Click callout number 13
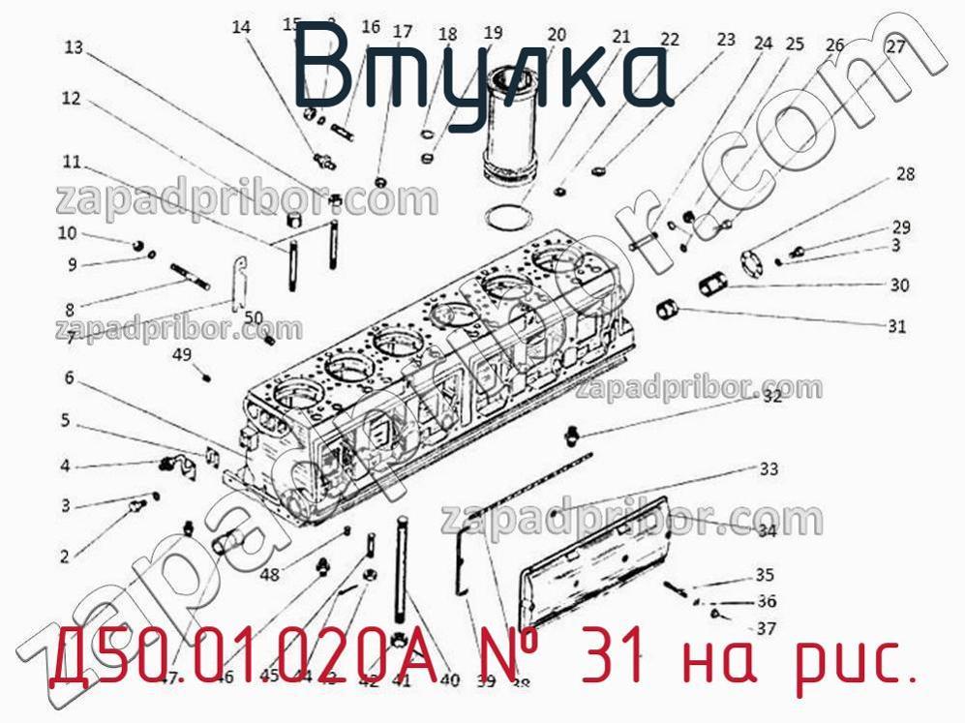pos(75,46)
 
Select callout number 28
pos(905,175)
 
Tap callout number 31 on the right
pos(897,326)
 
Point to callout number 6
pos(70,377)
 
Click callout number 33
pos(769,470)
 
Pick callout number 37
pos(767,628)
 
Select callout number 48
pos(269,573)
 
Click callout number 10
pos(67,232)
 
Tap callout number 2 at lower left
pos(65,556)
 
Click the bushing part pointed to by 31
pos(667,312)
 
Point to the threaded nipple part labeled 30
pos(712,286)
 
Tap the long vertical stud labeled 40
pos(400,571)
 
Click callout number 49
pos(182,355)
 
